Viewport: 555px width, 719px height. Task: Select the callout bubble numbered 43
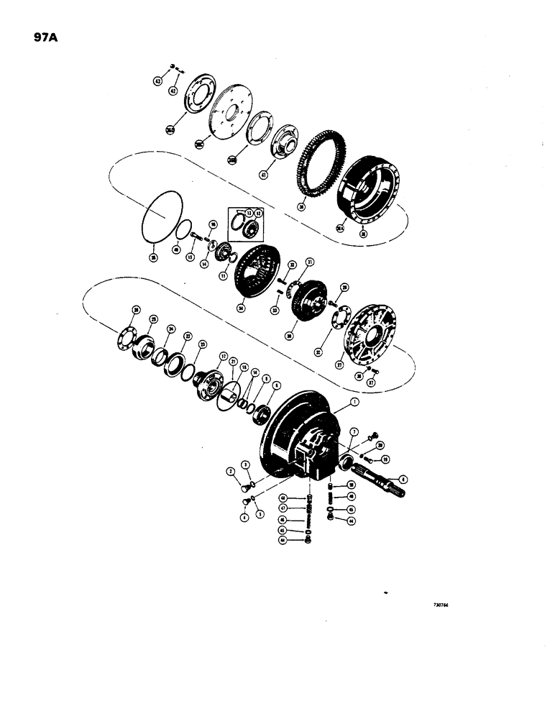click(157, 82)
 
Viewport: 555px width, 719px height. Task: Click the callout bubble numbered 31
click(310, 261)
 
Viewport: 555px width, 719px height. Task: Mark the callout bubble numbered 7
click(354, 431)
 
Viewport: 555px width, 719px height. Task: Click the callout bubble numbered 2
click(232, 472)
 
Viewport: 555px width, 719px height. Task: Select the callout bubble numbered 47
click(284, 508)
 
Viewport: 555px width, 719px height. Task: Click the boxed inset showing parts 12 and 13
click(244, 224)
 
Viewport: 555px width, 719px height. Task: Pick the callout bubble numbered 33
click(274, 310)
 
